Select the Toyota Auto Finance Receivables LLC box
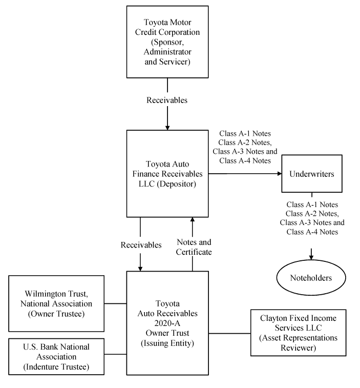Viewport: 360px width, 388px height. [x=167, y=174]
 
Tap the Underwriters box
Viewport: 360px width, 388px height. [x=311, y=174]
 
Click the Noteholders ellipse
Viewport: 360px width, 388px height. [x=311, y=278]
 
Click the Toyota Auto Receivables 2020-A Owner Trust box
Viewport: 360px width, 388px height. [x=167, y=323]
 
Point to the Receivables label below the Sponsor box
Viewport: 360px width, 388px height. [x=167, y=100]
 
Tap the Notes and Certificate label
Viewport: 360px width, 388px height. [x=194, y=247]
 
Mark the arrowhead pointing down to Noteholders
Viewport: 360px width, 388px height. [x=311, y=256]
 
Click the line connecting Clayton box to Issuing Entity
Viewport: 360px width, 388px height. [x=229, y=334]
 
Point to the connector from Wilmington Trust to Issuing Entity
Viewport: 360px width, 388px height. [x=117, y=303]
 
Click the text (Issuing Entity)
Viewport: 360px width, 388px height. [x=167, y=343]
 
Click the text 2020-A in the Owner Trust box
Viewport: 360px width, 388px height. [x=167, y=323]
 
